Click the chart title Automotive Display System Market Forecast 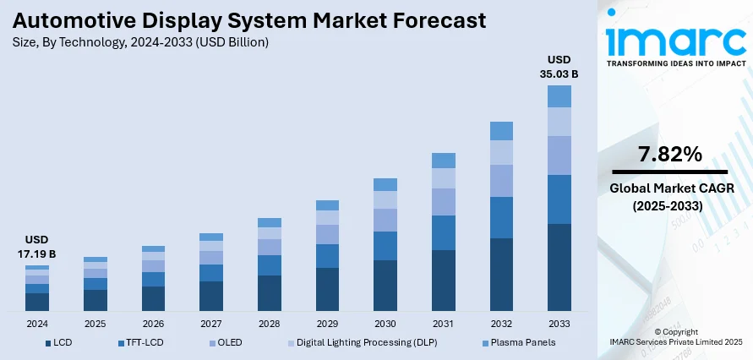[249, 19]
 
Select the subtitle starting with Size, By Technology [142, 42]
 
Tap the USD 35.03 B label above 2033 [559, 67]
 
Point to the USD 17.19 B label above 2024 [36, 247]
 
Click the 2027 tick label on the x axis [211, 324]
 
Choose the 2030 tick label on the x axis [385, 324]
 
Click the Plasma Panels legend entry [517, 342]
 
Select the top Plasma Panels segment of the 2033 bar [559, 96]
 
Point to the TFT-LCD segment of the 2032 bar [501, 217]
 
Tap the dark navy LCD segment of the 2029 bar [327, 290]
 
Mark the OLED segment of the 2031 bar [444, 201]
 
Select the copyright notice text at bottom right [675, 337]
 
